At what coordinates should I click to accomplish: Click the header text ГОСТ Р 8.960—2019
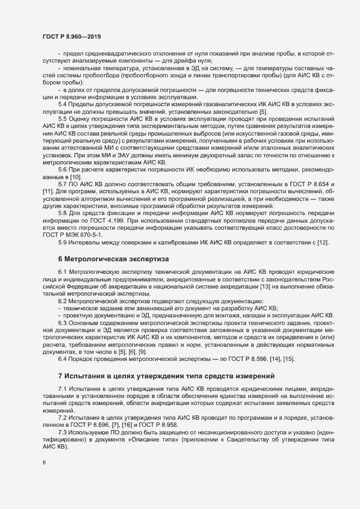[72, 36]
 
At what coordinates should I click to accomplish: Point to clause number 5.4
[63, 103]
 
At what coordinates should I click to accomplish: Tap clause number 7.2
[63, 416]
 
